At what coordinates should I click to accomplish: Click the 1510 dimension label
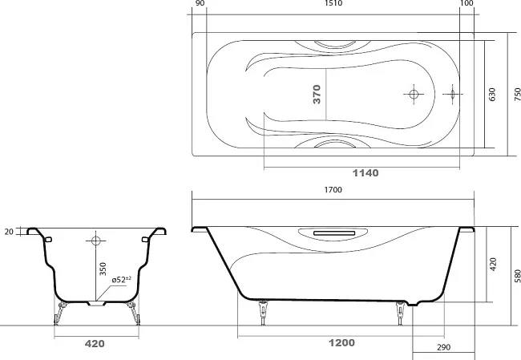click(x=333, y=3)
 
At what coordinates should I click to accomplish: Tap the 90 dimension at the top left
click(x=200, y=3)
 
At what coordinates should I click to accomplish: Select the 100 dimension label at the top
click(x=466, y=3)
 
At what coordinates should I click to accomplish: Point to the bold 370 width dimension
click(x=317, y=94)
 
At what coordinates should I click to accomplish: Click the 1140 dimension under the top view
click(x=366, y=173)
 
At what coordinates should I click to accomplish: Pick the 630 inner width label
click(x=492, y=95)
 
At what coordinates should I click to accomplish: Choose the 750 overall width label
click(x=517, y=95)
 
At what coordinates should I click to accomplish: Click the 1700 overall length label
click(x=333, y=190)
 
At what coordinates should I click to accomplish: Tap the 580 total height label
click(x=517, y=276)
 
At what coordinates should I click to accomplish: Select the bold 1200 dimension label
click(x=341, y=342)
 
